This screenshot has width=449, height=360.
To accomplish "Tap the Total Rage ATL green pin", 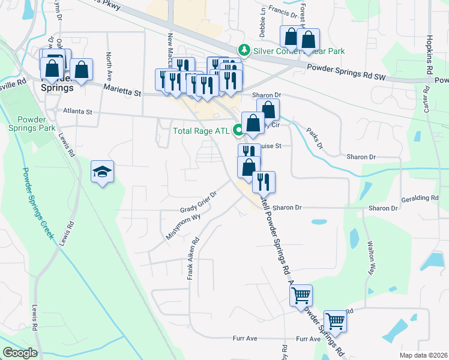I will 238,129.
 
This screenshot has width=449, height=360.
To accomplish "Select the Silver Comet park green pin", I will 244,49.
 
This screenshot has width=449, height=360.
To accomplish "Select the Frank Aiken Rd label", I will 193,259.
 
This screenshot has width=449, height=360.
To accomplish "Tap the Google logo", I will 20,353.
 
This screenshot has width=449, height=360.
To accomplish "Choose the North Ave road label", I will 109,64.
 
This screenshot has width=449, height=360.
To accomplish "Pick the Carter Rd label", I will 426,99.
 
